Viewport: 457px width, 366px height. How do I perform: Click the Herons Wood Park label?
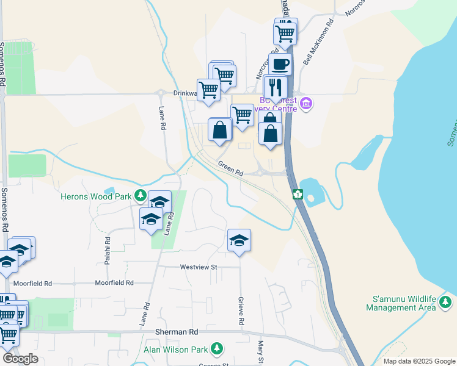tap(97, 196)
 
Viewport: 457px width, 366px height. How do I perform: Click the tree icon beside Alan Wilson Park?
tap(216, 349)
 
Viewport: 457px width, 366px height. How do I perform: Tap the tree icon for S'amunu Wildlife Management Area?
tap(447, 301)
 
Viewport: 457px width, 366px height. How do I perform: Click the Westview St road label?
tap(199, 267)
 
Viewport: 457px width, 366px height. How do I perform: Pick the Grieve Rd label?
tap(242, 312)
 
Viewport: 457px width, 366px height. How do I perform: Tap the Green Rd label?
tap(230, 169)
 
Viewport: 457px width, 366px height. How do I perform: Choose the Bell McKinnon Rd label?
tap(317, 43)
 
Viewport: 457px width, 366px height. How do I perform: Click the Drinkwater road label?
tap(183, 93)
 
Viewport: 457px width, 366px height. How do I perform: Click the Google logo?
tap(20, 359)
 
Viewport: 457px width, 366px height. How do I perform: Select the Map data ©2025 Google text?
tap(418, 361)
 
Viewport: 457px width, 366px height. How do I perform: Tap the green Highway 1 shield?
tap(298, 194)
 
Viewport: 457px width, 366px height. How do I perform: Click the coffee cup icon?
tap(280, 63)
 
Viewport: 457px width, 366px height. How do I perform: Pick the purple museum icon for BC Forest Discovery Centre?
tap(306, 104)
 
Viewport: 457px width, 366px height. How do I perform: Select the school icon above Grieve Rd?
tap(239, 240)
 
